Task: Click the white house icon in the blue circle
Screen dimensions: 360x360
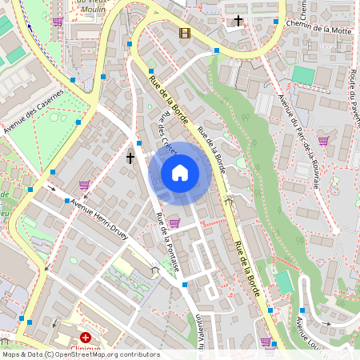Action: [x=180, y=172]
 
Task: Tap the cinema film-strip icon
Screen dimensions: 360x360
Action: [x=185, y=33]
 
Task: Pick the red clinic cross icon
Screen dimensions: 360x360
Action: [x=86, y=338]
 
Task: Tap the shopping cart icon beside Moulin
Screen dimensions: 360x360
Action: [x=58, y=22]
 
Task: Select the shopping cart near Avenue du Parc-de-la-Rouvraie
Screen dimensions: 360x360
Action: [x=323, y=140]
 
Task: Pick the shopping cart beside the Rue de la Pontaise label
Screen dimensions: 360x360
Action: [x=174, y=222]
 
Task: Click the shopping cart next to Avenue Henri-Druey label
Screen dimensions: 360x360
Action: [x=84, y=184]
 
